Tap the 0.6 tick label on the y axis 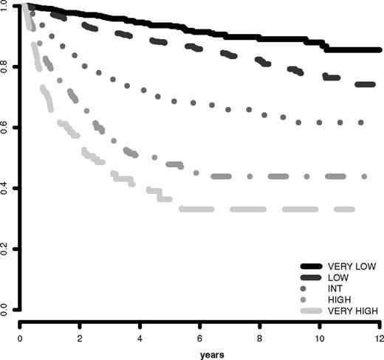pyautogui.click(x=7, y=128)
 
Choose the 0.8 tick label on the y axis pyautogui.click(x=7, y=68)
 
